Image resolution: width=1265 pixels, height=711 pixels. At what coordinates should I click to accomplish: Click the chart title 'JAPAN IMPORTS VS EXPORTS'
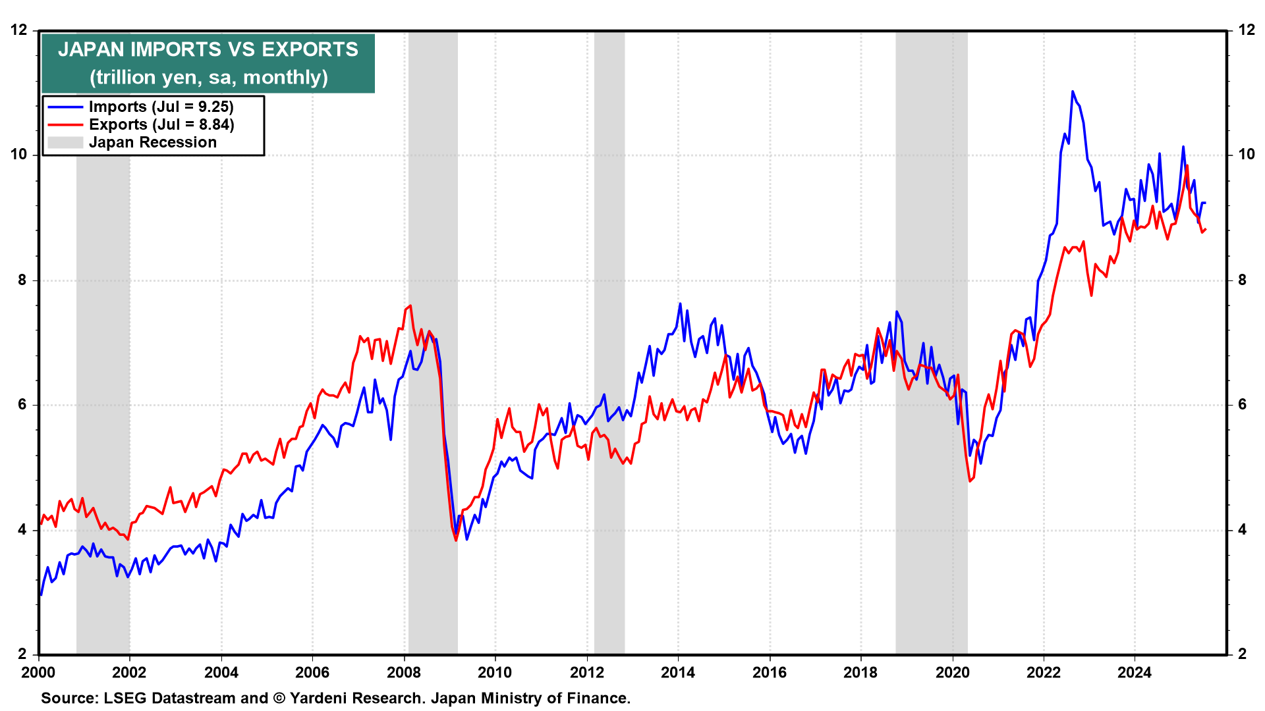[x=208, y=49]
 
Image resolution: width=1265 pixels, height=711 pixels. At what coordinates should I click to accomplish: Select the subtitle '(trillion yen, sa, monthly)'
[x=208, y=78]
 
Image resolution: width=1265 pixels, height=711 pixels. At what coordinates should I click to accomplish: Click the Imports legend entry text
[x=161, y=107]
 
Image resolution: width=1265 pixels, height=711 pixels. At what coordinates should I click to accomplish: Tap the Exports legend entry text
[x=161, y=124]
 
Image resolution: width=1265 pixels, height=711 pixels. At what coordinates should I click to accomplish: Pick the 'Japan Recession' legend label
[x=153, y=142]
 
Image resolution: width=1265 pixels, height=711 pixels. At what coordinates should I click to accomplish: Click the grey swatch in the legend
[x=65, y=142]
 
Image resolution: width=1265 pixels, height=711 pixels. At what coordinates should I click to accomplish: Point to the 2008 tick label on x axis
[x=404, y=672]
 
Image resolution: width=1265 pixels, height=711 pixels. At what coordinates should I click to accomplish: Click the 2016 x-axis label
[x=770, y=672]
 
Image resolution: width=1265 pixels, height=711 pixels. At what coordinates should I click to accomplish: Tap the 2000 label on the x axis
[x=39, y=672]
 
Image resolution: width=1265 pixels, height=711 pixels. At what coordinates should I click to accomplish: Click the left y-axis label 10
[x=19, y=155]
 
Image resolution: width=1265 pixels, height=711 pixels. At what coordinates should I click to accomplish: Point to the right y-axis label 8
[x=1243, y=280]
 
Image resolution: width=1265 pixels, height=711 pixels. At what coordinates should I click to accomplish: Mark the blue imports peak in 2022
[x=1073, y=92]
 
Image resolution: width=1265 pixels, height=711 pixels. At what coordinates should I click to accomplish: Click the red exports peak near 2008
[x=410, y=305]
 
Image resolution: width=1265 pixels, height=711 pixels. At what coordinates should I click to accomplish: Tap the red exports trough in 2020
[x=970, y=481]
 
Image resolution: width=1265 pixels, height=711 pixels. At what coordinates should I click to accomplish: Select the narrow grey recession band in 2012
[x=609, y=342]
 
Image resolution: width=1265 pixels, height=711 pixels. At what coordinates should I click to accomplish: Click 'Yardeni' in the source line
[x=317, y=698]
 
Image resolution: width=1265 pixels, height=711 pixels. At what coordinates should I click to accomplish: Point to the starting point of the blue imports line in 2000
[x=41, y=595]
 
